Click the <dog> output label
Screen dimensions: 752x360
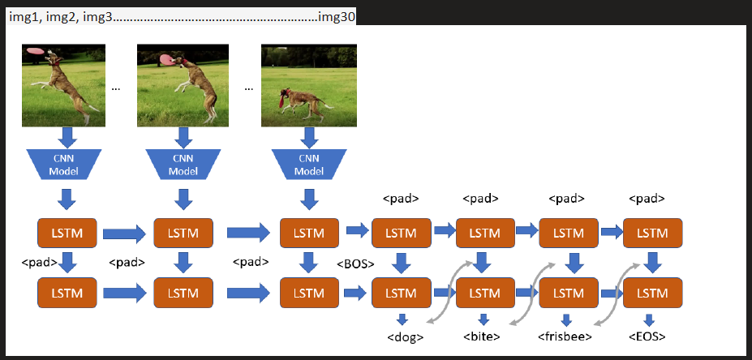coord(406,337)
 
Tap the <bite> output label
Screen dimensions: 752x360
coord(482,336)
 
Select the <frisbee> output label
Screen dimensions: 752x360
coord(565,336)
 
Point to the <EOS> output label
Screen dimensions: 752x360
coord(647,336)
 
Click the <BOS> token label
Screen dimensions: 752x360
coord(355,264)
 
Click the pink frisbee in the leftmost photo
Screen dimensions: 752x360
coord(35,49)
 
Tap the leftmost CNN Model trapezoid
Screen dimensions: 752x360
coord(67,164)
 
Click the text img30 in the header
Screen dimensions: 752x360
coord(337,18)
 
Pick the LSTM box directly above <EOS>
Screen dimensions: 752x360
coord(652,293)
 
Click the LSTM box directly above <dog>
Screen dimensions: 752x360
coord(402,293)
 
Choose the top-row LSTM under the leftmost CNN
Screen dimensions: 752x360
coord(67,233)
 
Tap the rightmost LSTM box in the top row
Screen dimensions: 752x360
coord(652,233)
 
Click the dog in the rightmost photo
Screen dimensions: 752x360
coord(303,103)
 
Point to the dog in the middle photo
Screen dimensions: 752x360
coord(196,86)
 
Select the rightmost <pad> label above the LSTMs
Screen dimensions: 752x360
coord(647,199)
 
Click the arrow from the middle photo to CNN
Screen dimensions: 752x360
coord(183,137)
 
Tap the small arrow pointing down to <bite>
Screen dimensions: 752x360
coord(484,319)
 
